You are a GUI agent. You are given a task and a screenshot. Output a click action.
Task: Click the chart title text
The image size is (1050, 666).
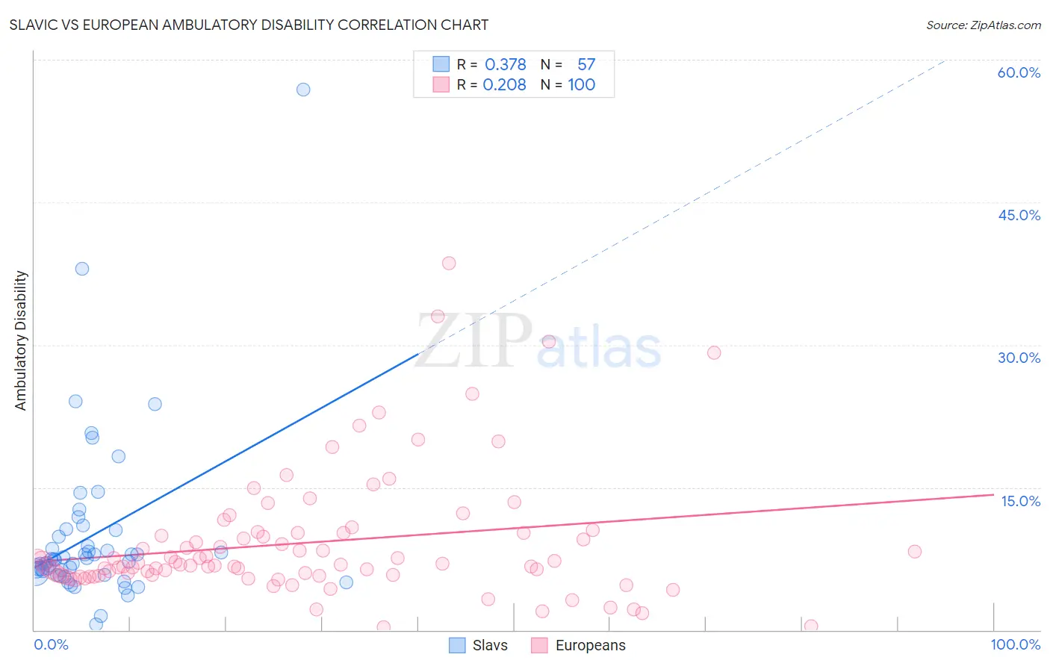click(x=249, y=25)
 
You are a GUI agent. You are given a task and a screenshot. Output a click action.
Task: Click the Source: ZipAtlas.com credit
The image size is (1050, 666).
click(x=983, y=25)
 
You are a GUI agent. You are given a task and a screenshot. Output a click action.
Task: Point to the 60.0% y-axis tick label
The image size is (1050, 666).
click(x=1019, y=72)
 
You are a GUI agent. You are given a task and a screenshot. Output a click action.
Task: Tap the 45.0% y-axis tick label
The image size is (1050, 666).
click(x=1019, y=215)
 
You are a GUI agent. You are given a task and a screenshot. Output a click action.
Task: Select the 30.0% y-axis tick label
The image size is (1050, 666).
click(x=1019, y=358)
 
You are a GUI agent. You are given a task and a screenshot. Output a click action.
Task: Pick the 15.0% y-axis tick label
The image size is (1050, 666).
click(x=1020, y=501)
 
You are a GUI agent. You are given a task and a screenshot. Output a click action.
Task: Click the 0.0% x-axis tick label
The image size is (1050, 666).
click(x=51, y=644)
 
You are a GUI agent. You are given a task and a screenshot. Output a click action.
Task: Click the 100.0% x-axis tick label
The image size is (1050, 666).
click(x=1015, y=644)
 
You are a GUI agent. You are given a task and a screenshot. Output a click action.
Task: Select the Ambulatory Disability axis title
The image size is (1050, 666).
click(x=21, y=340)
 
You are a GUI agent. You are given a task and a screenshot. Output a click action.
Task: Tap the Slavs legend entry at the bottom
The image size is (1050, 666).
click(x=479, y=645)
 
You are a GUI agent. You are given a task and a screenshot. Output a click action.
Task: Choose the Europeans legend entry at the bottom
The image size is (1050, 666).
click(x=579, y=645)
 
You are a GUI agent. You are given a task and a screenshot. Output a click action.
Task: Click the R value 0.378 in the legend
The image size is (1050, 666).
click(x=506, y=65)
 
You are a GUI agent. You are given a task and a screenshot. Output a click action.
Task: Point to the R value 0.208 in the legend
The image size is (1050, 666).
click(x=504, y=85)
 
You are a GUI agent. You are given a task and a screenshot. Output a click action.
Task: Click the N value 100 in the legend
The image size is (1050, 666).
click(x=581, y=85)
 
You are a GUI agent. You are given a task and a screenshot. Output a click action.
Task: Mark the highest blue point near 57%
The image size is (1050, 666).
click(x=303, y=90)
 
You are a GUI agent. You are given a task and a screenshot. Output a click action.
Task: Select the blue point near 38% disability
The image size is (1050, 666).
click(x=82, y=269)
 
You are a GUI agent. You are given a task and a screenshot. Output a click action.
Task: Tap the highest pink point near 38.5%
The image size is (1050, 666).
click(x=449, y=263)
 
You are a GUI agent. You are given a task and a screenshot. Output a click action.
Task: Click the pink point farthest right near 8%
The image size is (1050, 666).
click(x=915, y=552)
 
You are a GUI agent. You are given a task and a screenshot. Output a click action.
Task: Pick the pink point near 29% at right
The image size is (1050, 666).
click(x=714, y=352)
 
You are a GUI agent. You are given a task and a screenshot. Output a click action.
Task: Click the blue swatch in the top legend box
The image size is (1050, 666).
click(x=441, y=65)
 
